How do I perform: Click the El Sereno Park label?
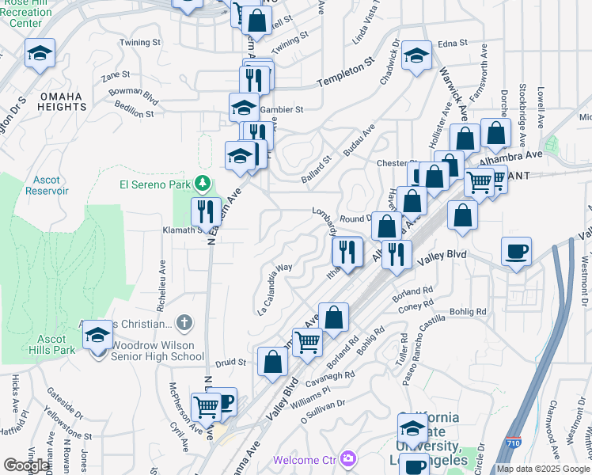(157, 185)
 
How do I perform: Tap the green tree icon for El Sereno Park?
(203, 184)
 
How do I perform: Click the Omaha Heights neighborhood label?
(60, 101)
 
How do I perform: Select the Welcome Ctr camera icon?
(347, 459)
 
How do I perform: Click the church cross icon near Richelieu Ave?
(184, 322)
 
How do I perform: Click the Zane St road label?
(116, 76)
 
